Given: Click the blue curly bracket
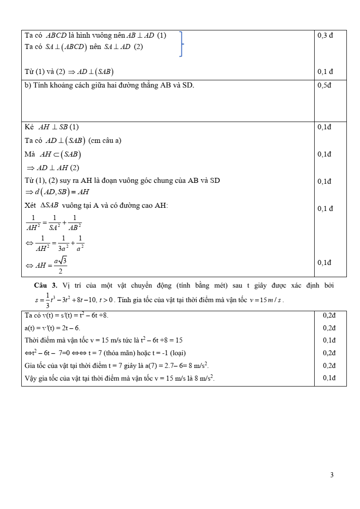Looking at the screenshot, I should click(x=181, y=44).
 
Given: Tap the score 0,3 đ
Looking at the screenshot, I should click(x=326, y=35).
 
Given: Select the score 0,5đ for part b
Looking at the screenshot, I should click(x=325, y=85).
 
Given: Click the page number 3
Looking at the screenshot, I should click(x=332, y=475).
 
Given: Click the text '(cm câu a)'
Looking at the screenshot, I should click(x=105, y=141).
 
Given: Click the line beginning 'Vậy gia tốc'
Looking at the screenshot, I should click(x=120, y=377).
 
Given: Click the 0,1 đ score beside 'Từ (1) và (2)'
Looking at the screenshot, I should click(x=326, y=71).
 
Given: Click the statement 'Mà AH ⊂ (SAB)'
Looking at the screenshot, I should click(x=53, y=155).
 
